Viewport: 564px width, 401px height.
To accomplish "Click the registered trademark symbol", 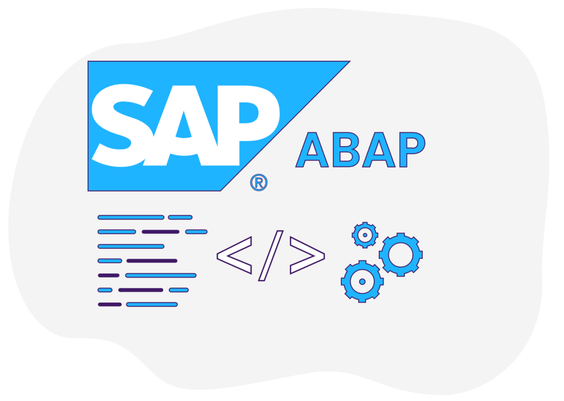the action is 258,182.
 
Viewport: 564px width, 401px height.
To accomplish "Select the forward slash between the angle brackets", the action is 271,256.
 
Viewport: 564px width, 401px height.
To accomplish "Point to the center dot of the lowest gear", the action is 362,282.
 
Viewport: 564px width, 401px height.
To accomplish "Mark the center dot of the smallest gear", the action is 365,235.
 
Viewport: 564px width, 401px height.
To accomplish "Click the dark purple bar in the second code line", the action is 160,232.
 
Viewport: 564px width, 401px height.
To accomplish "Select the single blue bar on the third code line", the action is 131,246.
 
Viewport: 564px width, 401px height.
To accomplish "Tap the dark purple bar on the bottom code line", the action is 110,305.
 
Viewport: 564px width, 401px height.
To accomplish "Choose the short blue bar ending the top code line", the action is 180,217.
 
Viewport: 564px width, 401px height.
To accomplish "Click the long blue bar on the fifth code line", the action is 161,275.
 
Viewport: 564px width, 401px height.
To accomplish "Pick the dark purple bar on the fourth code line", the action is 152,261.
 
